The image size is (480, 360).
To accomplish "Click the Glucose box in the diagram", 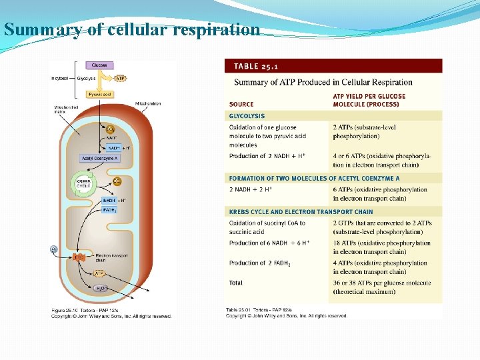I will click(x=99, y=65).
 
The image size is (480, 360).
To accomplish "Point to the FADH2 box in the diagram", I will click(x=109, y=210).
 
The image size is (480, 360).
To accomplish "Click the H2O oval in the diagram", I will click(x=99, y=288).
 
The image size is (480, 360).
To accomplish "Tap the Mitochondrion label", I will click(x=147, y=104).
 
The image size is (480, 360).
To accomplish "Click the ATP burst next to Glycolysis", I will click(x=120, y=78).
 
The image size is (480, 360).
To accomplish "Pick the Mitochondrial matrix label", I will click(x=66, y=109).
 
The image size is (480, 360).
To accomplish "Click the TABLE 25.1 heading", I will click(x=255, y=66).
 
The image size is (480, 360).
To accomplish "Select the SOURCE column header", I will click(x=241, y=104).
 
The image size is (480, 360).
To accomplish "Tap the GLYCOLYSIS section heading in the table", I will click(x=247, y=116).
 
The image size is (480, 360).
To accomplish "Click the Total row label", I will click(x=236, y=283).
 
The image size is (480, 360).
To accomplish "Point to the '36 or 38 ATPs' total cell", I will click(x=381, y=287).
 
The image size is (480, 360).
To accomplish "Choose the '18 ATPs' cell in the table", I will click(x=381, y=247).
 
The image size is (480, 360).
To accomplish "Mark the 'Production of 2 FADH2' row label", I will click(x=260, y=263).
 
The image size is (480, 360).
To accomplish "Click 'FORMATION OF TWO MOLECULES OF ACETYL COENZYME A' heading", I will click(x=315, y=179).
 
